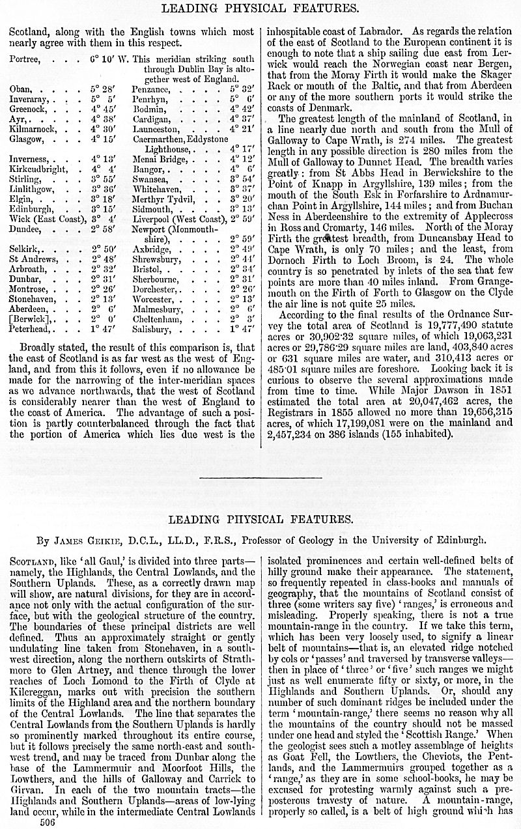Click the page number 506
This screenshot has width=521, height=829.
48,822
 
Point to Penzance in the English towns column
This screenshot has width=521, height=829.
152,87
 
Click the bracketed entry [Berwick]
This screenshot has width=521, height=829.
31,319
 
